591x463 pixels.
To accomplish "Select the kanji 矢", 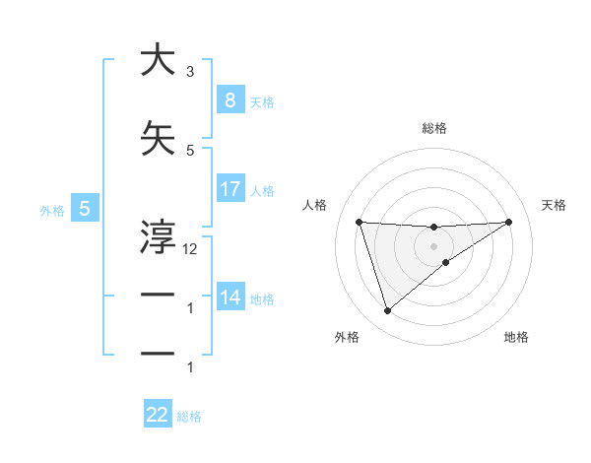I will point(159,139).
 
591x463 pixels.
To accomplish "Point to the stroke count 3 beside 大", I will point(190,72).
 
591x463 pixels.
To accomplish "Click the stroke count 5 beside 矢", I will point(190,150).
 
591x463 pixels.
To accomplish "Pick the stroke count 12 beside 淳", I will point(190,249).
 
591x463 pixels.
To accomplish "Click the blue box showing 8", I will point(230,100).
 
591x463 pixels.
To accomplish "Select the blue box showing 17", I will point(230,189).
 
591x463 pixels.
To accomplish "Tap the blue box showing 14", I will point(230,298).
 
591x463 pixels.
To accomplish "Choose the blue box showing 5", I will point(85,209).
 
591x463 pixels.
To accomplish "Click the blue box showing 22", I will point(158,415).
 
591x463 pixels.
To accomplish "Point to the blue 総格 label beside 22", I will point(189,417).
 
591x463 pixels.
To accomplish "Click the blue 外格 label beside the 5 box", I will point(52,210).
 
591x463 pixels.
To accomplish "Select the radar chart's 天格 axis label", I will point(555,205).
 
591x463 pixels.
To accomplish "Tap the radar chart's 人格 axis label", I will point(314,205).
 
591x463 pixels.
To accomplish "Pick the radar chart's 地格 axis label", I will point(516,338).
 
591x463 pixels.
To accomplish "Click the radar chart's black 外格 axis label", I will point(346,338).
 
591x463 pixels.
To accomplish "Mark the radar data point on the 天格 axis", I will point(509,222).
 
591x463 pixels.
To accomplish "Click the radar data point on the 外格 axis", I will point(387,311).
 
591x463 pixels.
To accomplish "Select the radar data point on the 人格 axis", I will point(359,222).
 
